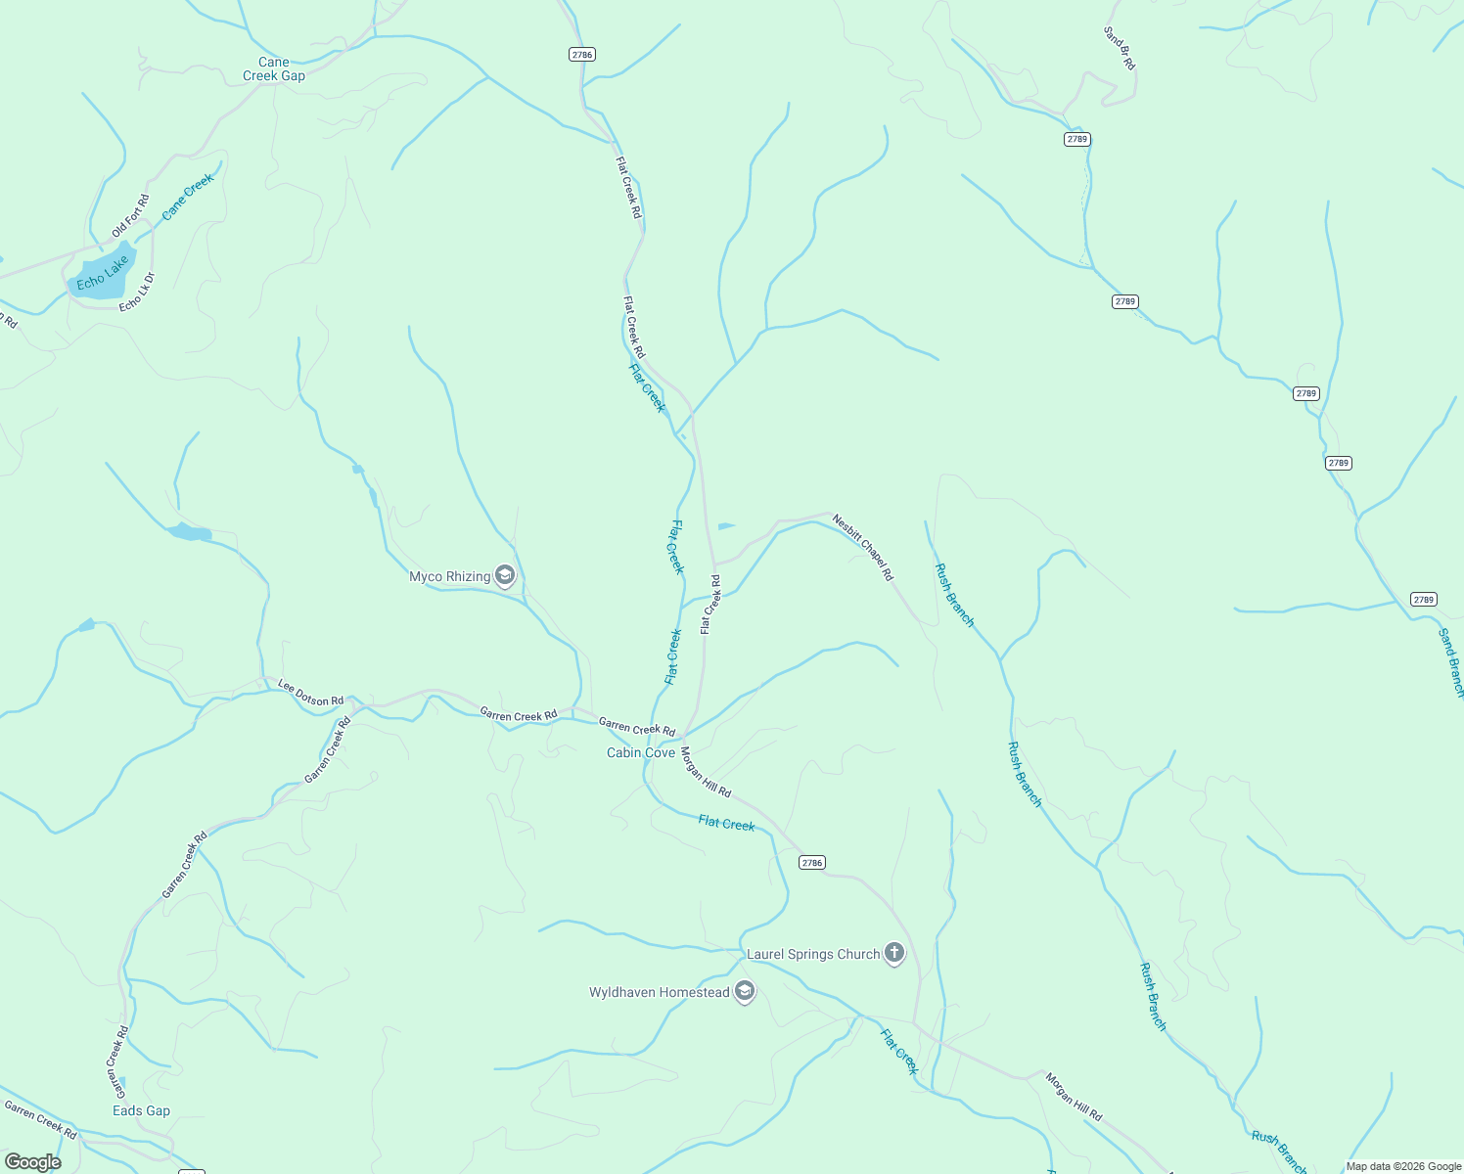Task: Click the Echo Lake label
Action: pos(103,274)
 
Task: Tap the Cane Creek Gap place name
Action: pos(274,68)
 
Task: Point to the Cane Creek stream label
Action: pos(187,197)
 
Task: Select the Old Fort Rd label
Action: pos(130,216)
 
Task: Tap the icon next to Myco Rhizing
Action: pos(505,575)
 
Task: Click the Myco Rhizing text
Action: pos(449,576)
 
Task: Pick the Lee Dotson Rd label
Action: pos(310,693)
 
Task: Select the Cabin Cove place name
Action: pos(641,752)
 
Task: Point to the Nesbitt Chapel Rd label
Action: pos(863,548)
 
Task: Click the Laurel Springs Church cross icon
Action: pos(893,953)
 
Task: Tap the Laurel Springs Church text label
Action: pos(813,954)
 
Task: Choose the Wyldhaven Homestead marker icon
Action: pos(745,992)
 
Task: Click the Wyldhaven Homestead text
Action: pos(659,992)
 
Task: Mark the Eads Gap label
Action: pos(141,1110)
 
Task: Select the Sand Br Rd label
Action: pos(1120,48)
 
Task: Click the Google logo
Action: pos(32,1162)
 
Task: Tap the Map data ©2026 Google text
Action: pos(1403,1166)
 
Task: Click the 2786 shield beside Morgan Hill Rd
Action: pos(811,862)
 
